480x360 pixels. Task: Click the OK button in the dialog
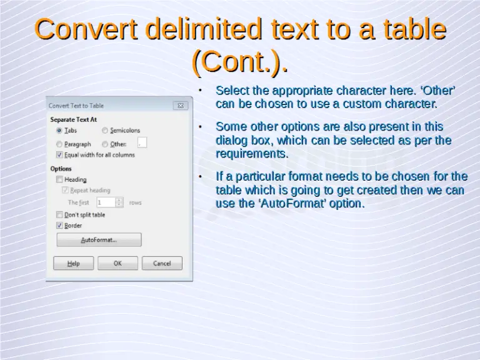tap(117, 264)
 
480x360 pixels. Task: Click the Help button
tap(74, 264)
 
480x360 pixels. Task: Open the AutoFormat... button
tap(99, 240)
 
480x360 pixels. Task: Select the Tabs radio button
tap(59, 131)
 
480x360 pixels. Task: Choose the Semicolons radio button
tap(105, 131)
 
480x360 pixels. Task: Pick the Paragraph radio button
tap(59, 144)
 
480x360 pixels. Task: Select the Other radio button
tap(105, 144)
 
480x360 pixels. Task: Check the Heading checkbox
tap(59, 179)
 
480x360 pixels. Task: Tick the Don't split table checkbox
tap(59, 214)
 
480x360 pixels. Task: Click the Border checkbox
tap(59, 225)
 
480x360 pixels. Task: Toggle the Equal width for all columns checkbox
tap(59, 154)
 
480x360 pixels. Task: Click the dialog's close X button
tap(179, 106)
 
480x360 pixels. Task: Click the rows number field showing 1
tap(106, 202)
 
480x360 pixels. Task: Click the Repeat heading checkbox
tap(65, 190)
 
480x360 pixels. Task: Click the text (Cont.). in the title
tap(240, 61)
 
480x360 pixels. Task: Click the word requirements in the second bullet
tap(251, 154)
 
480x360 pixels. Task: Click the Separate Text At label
tap(73, 119)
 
